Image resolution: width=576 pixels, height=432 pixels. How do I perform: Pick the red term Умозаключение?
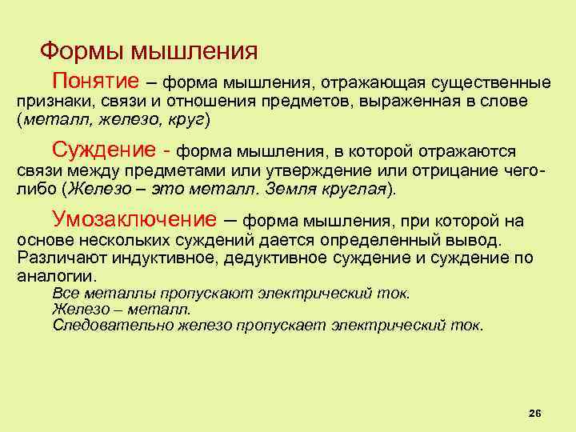134,218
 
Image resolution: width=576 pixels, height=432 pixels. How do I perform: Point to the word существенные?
490,83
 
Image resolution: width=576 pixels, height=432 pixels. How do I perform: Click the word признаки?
46,102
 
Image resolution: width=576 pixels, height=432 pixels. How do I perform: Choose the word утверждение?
316,171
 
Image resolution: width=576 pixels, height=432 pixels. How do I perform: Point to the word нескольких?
130,240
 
